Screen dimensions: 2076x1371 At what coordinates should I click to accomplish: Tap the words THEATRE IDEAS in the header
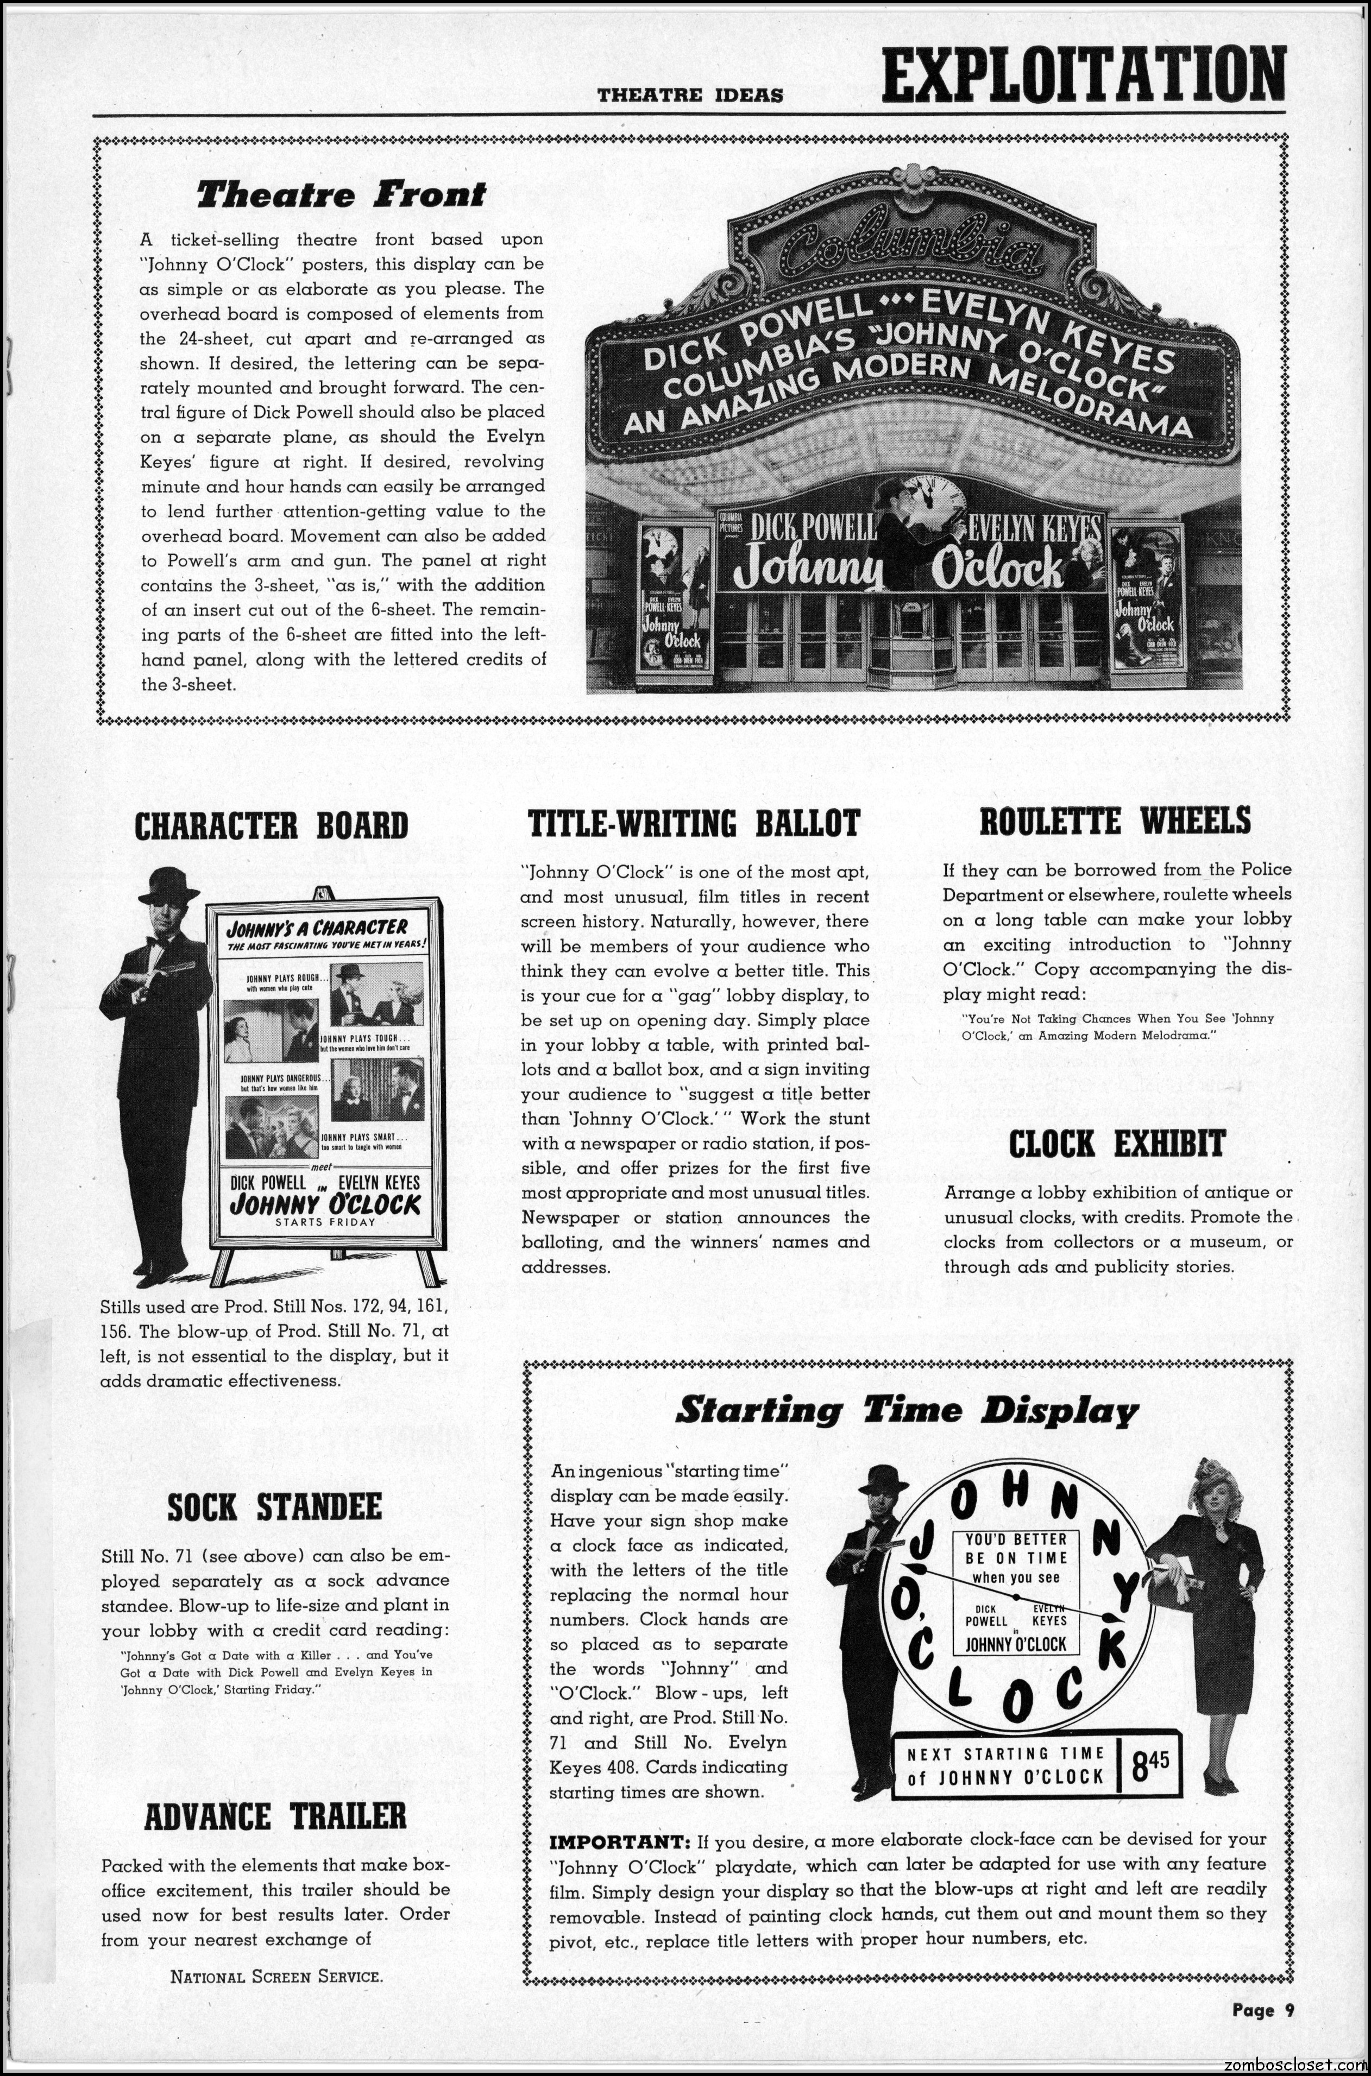(690, 95)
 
